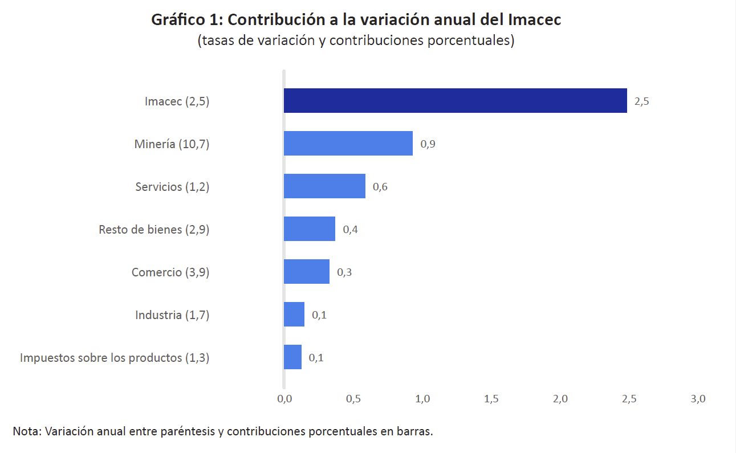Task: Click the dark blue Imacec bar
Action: point(455,101)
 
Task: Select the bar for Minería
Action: point(348,144)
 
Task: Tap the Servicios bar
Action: point(324,186)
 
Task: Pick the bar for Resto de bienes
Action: point(310,229)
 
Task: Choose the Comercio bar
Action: point(307,272)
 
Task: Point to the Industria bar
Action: point(294,315)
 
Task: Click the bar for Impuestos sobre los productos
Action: point(292,357)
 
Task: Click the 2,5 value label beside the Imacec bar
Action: point(641,102)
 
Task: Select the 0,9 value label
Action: point(428,145)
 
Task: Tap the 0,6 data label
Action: point(380,187)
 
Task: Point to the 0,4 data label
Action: point(350,230)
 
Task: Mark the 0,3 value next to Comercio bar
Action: point(344,272)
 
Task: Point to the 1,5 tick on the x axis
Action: point(491,399)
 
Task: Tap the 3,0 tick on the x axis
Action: point(698,399)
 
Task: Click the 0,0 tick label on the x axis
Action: point(284,399)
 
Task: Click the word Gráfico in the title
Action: point(173,20)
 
